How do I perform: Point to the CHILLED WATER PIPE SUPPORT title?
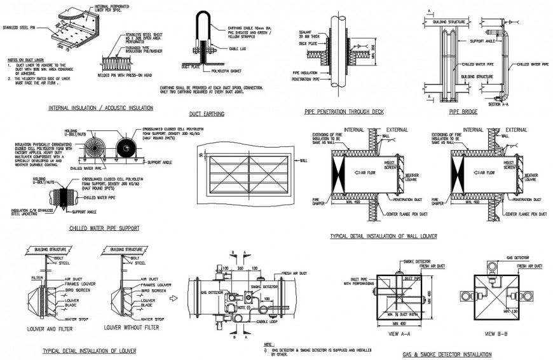point(105,228)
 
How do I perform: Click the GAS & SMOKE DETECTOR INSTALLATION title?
point(447,354)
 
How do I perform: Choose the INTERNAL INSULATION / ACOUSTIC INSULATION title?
point(100,108)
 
